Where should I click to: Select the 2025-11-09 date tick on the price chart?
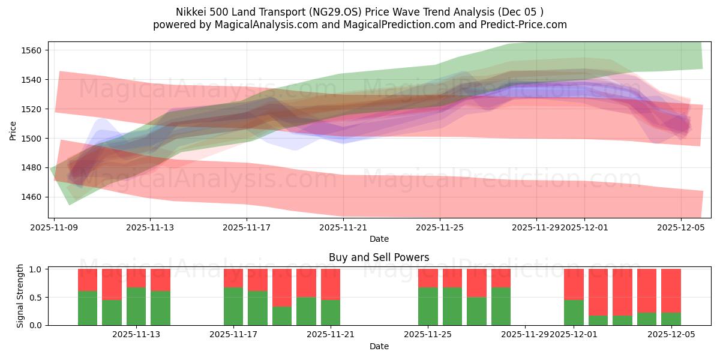pos(55,227)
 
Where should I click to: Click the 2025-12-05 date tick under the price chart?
pos(680,227)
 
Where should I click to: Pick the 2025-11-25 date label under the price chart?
pos(440,227)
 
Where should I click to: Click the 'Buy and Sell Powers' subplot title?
pos(379,257)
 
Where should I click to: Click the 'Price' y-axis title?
pos(13,130)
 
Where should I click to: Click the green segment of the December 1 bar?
pos(574,312)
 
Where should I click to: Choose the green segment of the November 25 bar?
pos(428,306)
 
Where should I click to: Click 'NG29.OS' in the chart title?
pos(329,12)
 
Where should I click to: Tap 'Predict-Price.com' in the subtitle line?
pos(525,25)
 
